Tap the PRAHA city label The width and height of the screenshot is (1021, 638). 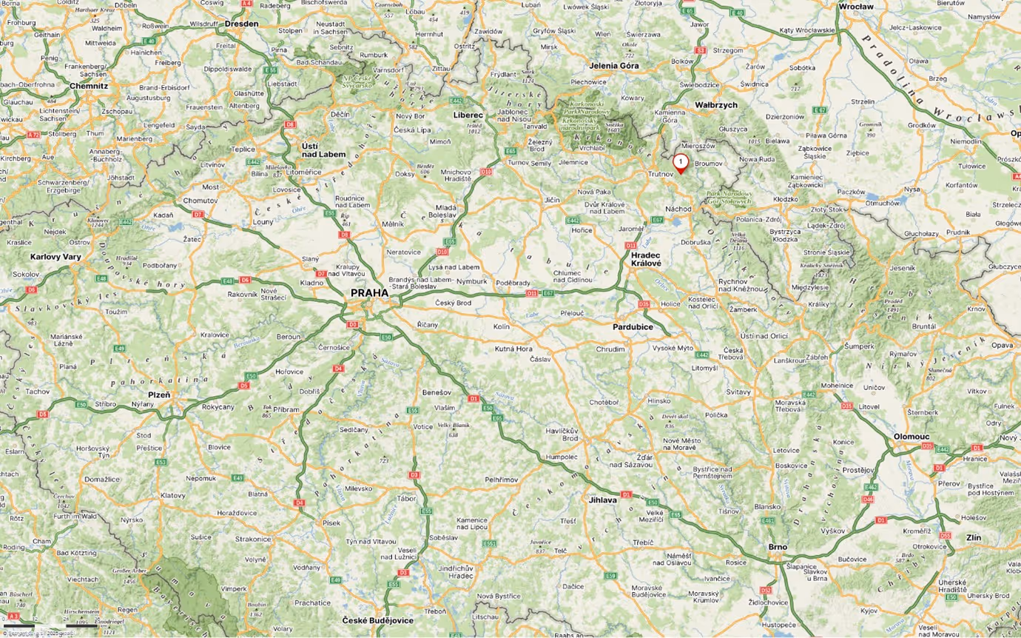pos(369,293)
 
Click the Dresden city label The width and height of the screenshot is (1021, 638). pos(241,24)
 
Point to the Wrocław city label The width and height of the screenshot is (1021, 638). pos(856,7)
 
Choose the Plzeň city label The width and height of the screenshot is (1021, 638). pos(158,394)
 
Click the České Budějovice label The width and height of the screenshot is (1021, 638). pos(377,620)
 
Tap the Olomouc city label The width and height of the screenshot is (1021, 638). pos(912,437)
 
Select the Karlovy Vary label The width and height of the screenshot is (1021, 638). pos(55,256)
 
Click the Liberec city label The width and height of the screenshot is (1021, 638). pos(468,115)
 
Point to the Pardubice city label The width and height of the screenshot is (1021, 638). pos(633,326)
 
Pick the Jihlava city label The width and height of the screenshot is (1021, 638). pos(603,500)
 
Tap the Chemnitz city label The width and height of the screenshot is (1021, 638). pos(89,86)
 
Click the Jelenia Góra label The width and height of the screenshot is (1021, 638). pos(614,65)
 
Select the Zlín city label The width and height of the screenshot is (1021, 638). pos(973,537)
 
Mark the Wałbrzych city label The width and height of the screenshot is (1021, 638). pos(715,105)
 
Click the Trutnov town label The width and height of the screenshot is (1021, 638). pos(661,174)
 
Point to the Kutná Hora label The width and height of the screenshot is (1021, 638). pos(513,348)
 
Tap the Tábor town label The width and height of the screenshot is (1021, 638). pos(407,499)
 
